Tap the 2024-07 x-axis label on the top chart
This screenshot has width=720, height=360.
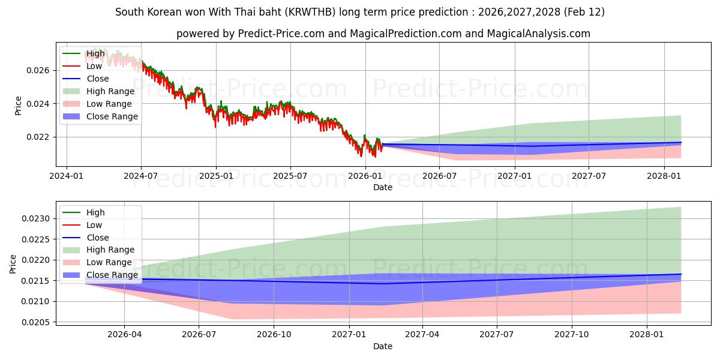tap(140, 176)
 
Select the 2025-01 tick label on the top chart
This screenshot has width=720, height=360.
tap(215, 176)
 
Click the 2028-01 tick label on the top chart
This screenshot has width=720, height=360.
tap(664, 176)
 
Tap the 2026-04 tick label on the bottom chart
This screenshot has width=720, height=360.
tap(124, 335)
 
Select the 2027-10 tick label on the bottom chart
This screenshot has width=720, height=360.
tap(572, 335)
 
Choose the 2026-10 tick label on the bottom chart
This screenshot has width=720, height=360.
tap(274, 335)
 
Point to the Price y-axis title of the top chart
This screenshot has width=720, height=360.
tap(19, 106)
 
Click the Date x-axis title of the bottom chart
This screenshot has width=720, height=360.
tap(383, 346)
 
